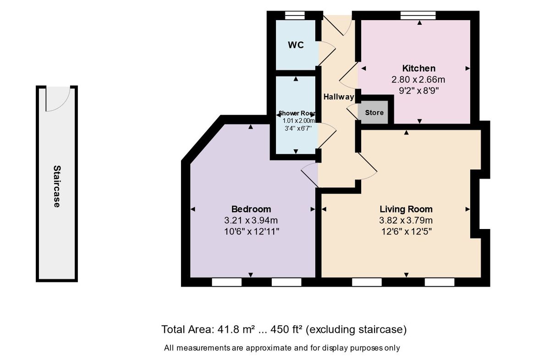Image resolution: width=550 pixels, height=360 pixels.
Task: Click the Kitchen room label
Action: pos(418,68)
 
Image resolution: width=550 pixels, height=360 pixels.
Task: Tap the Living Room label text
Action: pos(406,209)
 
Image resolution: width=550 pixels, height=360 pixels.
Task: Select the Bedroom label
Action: pos(251,209)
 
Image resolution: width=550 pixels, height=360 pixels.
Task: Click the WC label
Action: pos(296,45)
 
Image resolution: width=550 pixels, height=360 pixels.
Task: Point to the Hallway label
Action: pos(339,97)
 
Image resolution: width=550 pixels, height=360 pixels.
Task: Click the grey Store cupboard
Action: pos(374,113)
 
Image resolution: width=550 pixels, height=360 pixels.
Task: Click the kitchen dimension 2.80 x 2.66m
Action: pos(418,80)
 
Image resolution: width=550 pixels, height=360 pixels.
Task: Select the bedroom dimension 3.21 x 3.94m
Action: pos(251,220)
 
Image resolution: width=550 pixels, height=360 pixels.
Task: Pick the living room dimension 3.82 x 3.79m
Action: pos(406,220)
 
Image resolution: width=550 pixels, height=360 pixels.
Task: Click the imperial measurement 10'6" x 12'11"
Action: pos(251,231)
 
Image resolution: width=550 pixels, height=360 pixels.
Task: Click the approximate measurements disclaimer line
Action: pos(282,348)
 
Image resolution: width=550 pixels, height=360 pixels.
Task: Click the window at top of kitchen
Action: pos(418,15)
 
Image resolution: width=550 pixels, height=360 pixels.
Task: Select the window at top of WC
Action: pos(295,15)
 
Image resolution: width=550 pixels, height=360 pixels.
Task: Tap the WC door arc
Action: pos(326,52)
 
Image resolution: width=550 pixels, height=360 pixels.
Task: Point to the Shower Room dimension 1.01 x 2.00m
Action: pos(297,120)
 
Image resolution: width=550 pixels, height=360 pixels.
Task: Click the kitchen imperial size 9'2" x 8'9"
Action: pos(418,91)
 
